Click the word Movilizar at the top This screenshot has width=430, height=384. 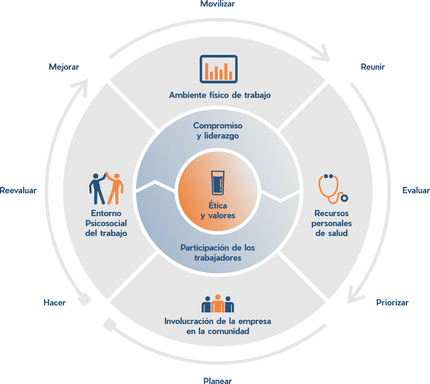click(x=218, y=4)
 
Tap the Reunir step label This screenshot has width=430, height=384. click(x=373, y=67)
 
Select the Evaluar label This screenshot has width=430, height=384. click(x=415, y=190)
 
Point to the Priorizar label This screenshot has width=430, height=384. click(x=392, y=302)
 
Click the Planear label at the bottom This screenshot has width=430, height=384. click(x=218, y=380)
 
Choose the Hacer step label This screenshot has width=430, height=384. click(x=54, y=303)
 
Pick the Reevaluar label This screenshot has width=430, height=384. click(x=18, y=191)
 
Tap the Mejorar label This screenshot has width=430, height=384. click(x=63, y=67)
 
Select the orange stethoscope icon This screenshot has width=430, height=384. click(x=331, y=188)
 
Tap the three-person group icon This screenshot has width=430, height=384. click(x=218, y=304)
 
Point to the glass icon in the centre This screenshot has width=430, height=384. click(x=218, y=183)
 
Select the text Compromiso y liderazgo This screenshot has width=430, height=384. click(x=218, y=131)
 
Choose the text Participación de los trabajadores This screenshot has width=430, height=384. click(x=218, y=253)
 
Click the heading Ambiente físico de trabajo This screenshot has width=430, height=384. click(x=219, y=95)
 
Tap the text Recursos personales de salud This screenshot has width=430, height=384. click(x=332, y=223)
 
